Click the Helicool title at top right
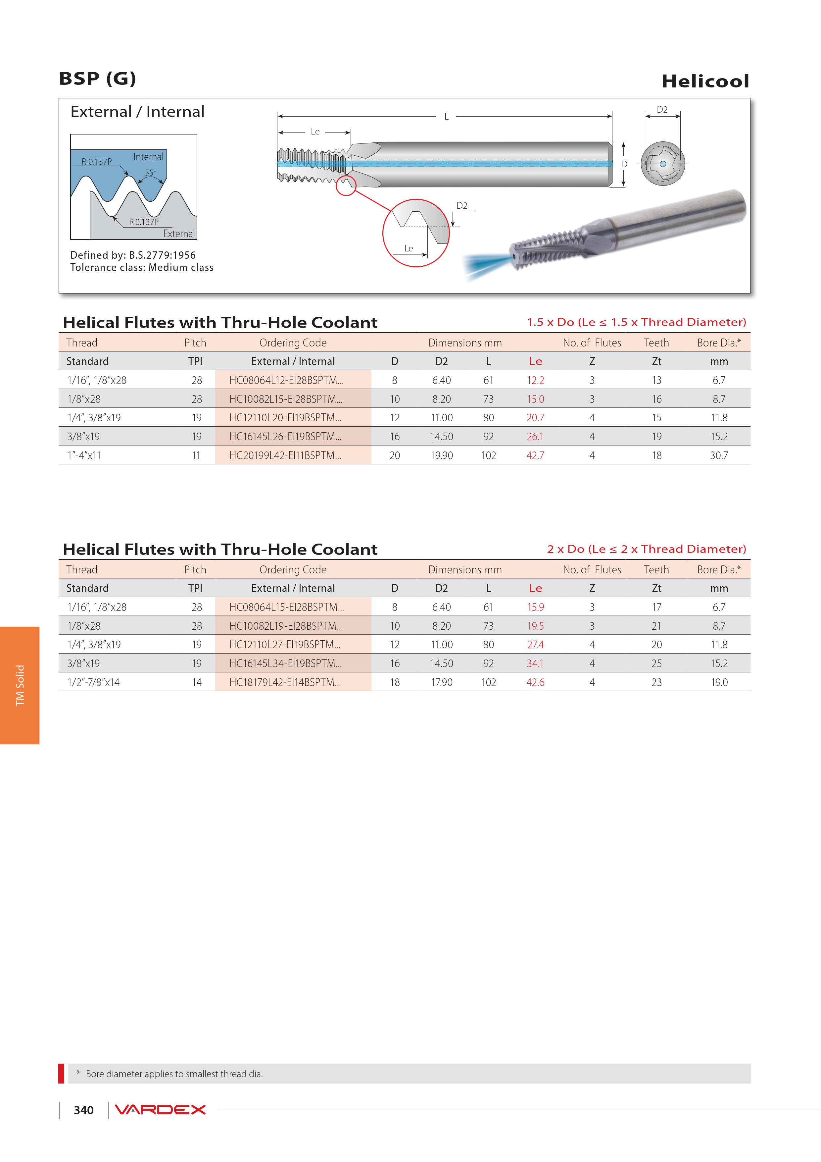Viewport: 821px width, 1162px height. tap(705, 81)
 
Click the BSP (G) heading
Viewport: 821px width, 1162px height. tap(97, 79)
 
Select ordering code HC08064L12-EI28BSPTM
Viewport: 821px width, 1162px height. tap(286, 380)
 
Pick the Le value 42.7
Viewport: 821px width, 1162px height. tap(535, 455)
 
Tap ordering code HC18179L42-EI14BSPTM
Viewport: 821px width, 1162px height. tap(285, 682)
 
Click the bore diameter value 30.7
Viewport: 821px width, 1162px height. tap(719, 455)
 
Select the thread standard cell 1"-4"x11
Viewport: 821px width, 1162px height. tap(84, 455)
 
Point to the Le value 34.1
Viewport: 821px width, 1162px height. tap(535, 663)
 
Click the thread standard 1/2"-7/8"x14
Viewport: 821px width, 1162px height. tap(94, 682)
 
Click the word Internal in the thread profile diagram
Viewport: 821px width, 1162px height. tap(148, 157)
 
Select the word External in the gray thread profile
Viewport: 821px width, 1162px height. tap(178, 234)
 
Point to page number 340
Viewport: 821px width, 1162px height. tap(83, 1110)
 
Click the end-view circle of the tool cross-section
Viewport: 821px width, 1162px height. tap(663, 164)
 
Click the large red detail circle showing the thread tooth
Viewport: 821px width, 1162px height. tap(416, 233)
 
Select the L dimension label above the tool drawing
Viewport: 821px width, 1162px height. tap(446, 116)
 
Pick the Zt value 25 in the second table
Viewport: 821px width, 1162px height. tap(656, 663)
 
